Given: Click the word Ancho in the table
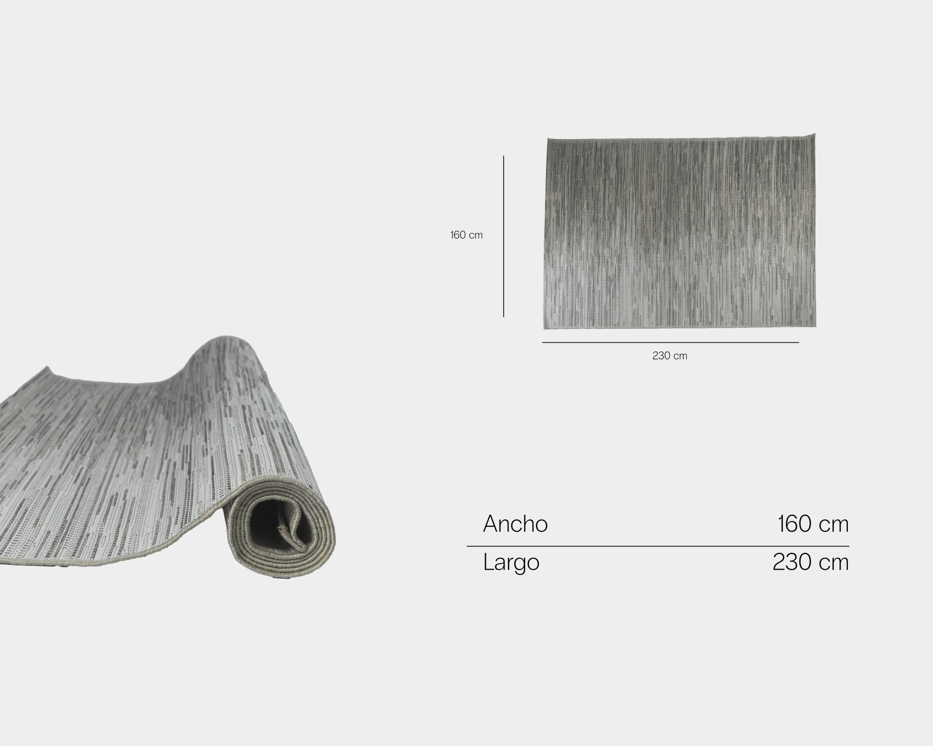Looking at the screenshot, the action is click(x=515, y=524).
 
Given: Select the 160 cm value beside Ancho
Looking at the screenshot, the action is click(x=813, y=524).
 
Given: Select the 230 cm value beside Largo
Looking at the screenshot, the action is click(x=811, y=562).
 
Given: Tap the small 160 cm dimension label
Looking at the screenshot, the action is click(x=466, y=235).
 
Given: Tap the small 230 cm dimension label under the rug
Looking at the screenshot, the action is click(x=670, y=356).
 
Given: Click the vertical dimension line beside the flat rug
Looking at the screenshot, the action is click(x=503, y=236).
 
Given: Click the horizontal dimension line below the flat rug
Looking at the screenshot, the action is click(x=670, y=342).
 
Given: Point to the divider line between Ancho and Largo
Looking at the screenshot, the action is click(x=658, y=546).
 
